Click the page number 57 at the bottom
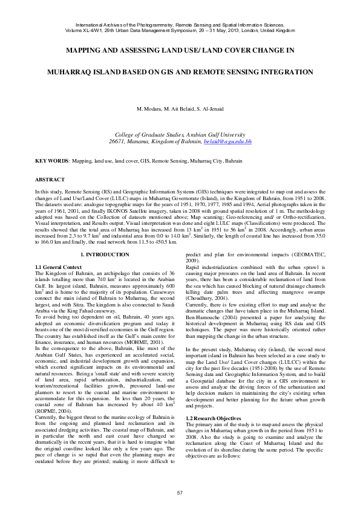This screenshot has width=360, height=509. coord(180,494)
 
